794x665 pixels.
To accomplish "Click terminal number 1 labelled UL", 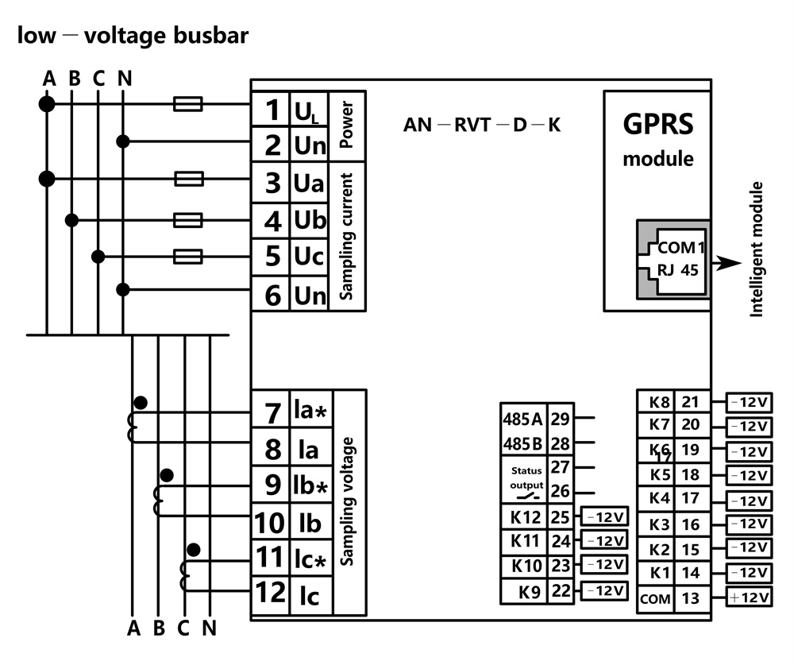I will point(272,109).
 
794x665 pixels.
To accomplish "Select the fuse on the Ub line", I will point(188,219).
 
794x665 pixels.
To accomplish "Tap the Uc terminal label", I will point(310,257).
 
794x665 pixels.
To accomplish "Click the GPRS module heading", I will point(657,125).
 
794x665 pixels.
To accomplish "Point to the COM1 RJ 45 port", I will point(670,258).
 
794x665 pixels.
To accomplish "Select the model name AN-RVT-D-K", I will point(482,125).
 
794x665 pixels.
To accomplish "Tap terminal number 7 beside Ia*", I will point(272,413).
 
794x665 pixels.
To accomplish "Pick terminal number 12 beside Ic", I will point(270,593).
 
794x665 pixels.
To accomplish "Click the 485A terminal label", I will point(522,419).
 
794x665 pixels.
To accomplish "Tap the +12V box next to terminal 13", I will point(748,597).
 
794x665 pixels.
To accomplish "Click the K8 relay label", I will point(659,403).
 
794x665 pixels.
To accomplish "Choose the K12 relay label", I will point(525,518).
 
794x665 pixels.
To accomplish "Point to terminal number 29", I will point(560,419).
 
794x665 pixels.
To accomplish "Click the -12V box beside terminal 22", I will point(606,591).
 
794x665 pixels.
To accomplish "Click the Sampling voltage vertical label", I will point(347,501).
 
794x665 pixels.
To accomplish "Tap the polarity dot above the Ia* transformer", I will point(141,401).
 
